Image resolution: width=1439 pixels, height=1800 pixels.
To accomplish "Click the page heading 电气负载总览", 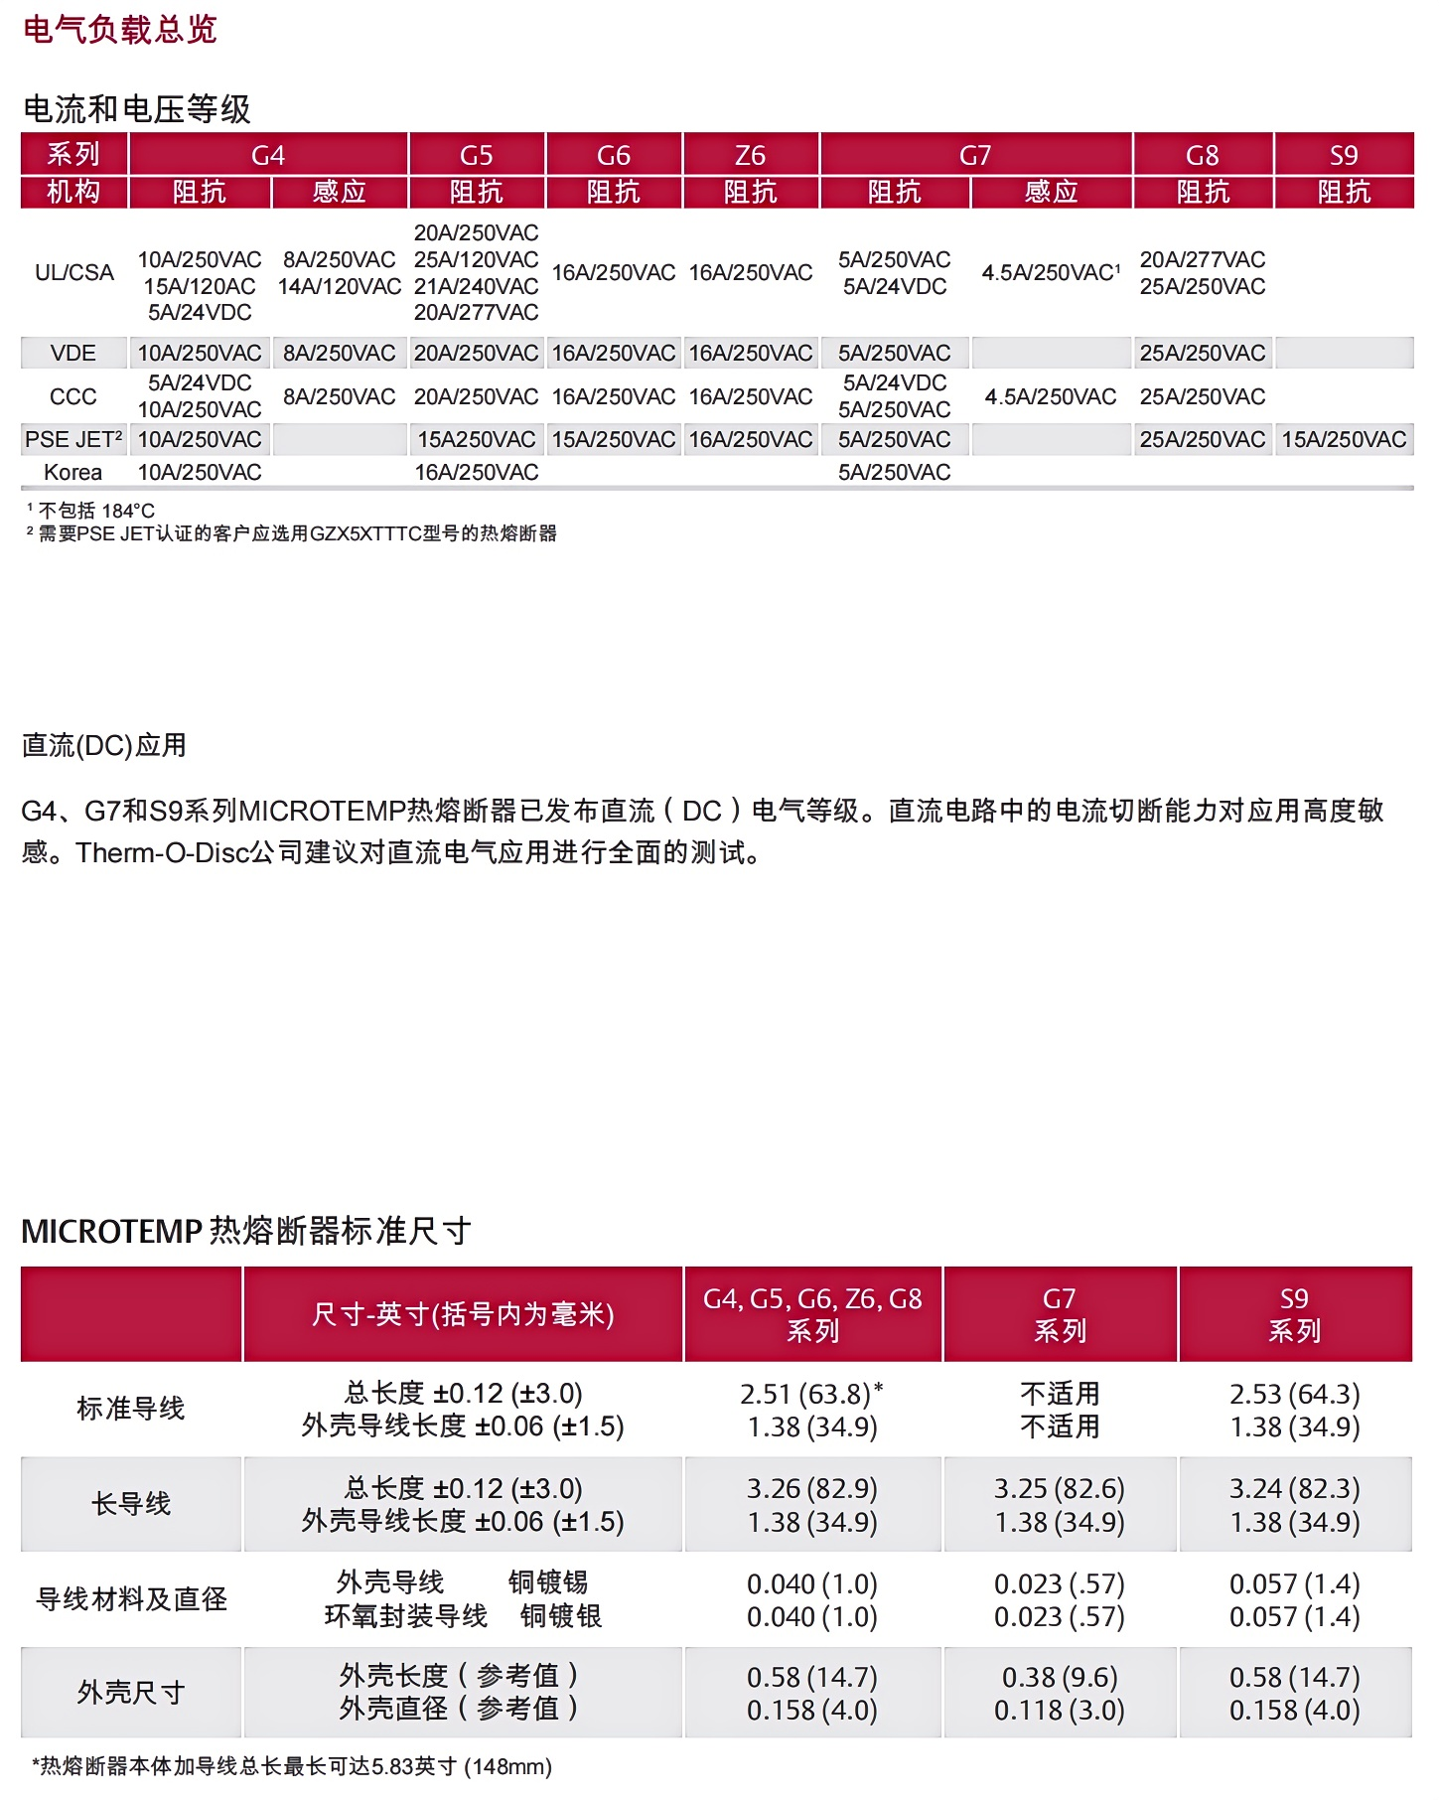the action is (x=119, y=30).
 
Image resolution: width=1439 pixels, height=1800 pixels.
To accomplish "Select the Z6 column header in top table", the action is (x=751, y=155).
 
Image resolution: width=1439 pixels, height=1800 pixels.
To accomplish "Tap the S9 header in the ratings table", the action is (x=1344, y=155).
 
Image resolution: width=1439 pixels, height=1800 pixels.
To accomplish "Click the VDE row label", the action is (x=73, y=353).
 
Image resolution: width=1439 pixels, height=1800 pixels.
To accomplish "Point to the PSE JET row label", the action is (x=73, y=439).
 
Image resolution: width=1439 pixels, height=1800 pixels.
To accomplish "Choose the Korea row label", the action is (x=73, y=472).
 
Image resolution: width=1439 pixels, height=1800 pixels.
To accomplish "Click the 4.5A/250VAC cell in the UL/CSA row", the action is (x=1051, y=272).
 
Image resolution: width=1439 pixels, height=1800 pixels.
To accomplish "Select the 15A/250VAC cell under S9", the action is (x=1344, y=439).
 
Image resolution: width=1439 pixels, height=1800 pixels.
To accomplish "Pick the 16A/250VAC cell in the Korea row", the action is (x=477, y=472).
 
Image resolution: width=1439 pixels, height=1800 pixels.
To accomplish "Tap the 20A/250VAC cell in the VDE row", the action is (x=477, y=353).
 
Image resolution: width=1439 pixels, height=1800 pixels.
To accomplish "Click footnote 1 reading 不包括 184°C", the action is (x=95, y=511).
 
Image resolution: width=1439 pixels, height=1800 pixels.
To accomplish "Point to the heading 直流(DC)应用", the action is (x=104, y=745).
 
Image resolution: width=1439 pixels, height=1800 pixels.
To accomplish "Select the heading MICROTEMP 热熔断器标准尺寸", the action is (x=245, y=1231).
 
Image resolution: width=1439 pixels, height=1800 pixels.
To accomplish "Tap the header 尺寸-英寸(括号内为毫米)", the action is (x=463, y=1314).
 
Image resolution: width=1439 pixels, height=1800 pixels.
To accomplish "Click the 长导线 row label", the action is (x=131, y=1503).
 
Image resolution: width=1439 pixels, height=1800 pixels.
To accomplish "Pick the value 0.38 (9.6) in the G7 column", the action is (x=1060, y=1677).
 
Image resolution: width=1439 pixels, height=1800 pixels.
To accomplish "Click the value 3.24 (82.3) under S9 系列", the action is (x=1294, y=1488).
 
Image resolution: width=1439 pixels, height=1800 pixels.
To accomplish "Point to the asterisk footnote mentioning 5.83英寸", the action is (x=292, y=1765).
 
